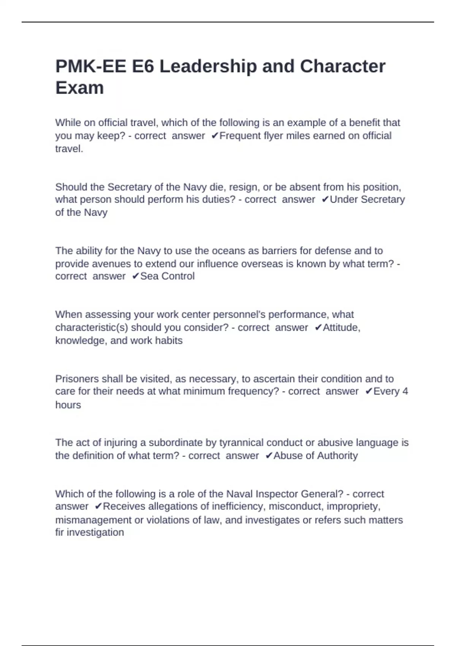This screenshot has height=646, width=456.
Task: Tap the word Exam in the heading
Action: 79,88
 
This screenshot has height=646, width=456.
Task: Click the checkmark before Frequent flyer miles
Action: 215,136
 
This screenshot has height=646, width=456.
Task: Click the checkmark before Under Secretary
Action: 325,199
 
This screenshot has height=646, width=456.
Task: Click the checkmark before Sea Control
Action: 136,276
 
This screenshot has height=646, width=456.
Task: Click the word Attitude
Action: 341,327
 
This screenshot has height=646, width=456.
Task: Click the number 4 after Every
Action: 405,391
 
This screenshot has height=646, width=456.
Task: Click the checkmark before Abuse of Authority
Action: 269,456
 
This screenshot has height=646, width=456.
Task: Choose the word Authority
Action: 337,456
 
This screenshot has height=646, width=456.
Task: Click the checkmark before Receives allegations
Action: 98,507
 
